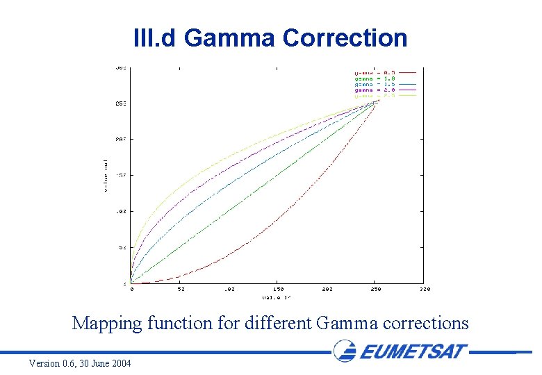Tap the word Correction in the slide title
point(345,38)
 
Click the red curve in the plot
point(278,220)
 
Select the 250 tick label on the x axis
point(376,290)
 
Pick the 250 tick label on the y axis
point(120,103)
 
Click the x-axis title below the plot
point(276,297)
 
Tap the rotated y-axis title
point(106,175)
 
